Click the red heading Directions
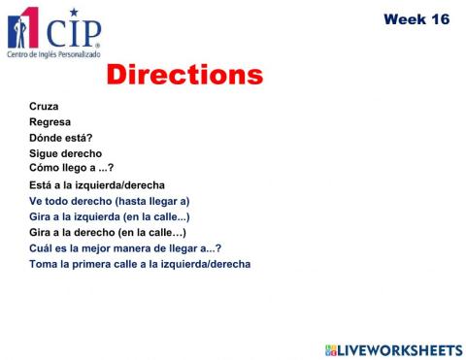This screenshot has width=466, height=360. pyautogui.click(x=184, y=76)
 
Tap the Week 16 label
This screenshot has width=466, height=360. pyautogui.click(x=416, y=19)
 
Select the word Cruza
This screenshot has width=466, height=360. pyautogui.click(x=44, y=106)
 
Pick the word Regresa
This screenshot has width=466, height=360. pyautogui.click(x=50, y=121)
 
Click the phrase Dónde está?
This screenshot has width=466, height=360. pyautogui.click(x=60, y=138)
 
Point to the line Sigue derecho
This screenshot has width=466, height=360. pyautogui.click(x=65, y=153)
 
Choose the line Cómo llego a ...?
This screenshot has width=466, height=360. pyautogui.click(x=71, y=167)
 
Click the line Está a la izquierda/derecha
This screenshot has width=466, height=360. pyautogui.click(x=96, y=184)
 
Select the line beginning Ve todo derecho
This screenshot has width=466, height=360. pyautogui.click(x=109, y=201)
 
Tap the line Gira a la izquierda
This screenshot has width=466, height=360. pyautogui.click(x=109, y=216)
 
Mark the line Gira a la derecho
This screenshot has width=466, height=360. pyautogui.click(x=107, y=232)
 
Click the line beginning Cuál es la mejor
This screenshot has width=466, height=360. pyautogui.click(x=124, y=247)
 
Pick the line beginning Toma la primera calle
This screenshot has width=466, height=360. pyautogui.click(x=139, y=263)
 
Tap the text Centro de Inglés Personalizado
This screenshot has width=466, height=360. pyautogui.click(x=53, y=54)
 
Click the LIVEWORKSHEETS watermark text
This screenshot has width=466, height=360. pyautogui.click(x=400, y=349)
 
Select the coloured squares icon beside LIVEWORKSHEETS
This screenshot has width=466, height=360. pyautogui.click(x=331, y=349)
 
